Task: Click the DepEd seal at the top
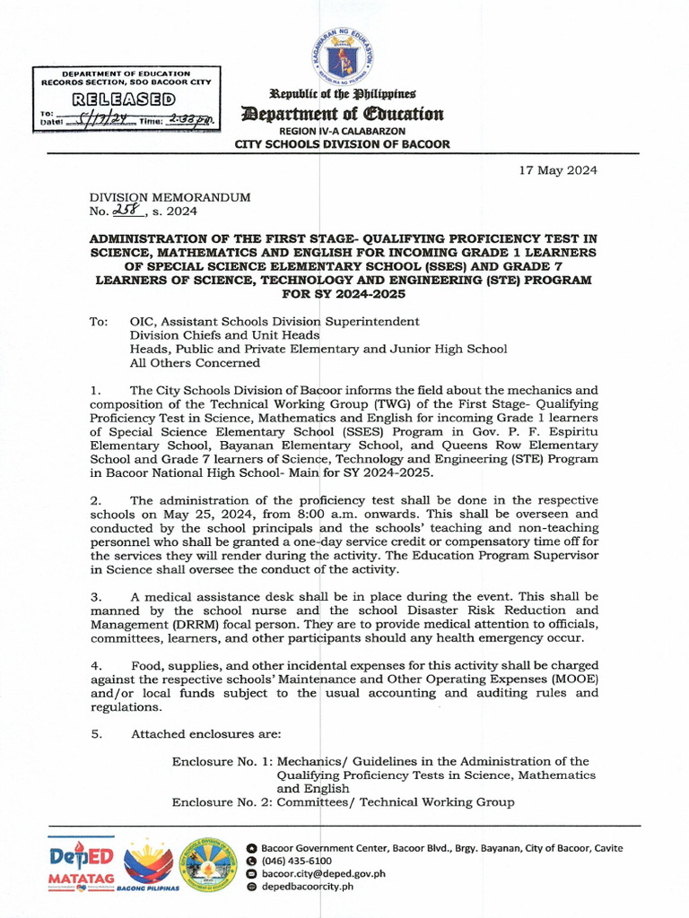tap(344, 56)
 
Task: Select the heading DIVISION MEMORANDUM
tap(170, 196)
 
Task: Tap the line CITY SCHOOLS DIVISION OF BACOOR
tap(342, 143)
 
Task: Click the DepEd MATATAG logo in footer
tap(81, 864)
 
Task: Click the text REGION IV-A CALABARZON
tap(342, 131)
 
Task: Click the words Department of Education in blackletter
tap(342, 114)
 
